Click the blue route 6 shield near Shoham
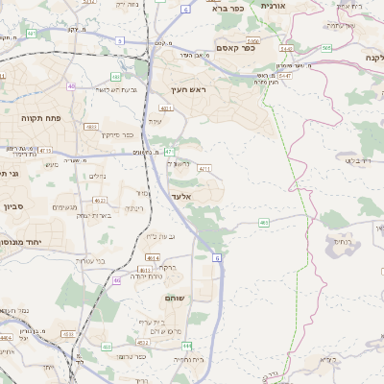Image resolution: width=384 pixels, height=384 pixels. tap(218, 258)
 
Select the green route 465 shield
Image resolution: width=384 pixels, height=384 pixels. tap(264, 223)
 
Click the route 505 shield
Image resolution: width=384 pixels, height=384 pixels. tap(326, 48)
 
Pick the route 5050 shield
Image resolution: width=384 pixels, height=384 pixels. tap(253, 41)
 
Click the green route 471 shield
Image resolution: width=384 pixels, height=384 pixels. tap(168, 152)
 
